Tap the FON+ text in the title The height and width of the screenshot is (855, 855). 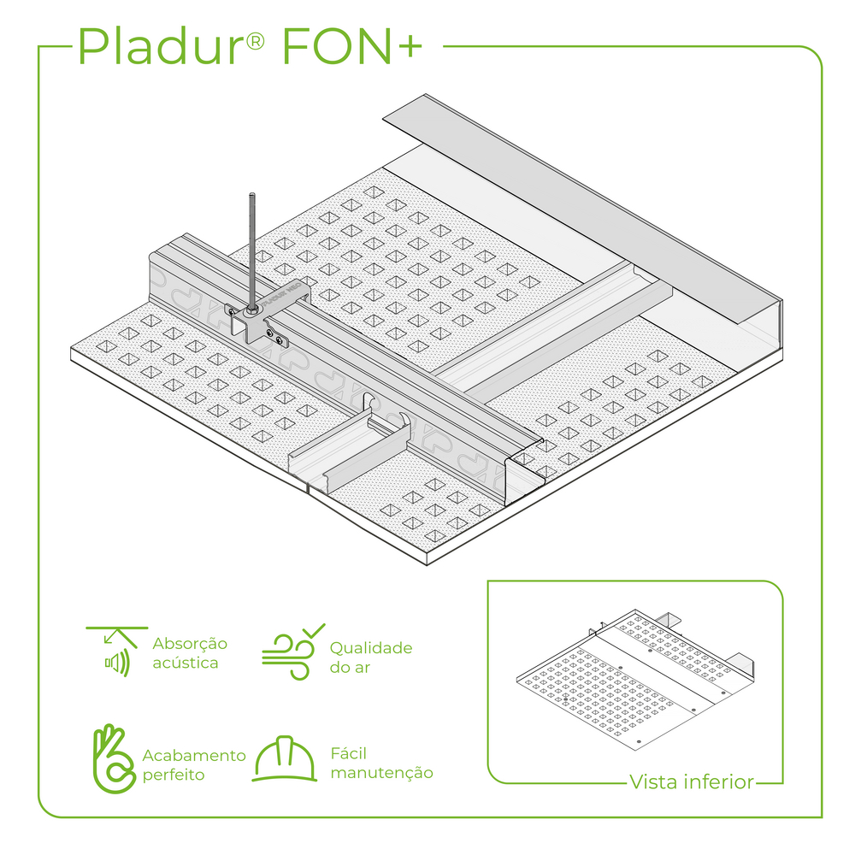pyautogui.click(x=352, y=46)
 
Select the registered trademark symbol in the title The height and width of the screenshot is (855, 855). pyautogui.click(x=255, y=41)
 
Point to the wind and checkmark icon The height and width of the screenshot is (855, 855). pyautogui.click(x=292, y=651)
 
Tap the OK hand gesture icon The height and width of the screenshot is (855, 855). pyautogui.click(x=114, y=758)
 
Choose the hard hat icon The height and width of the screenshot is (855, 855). pyautogui.click(x=285, y=758)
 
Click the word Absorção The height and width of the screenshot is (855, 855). pyautogui.click(x=190, y=644)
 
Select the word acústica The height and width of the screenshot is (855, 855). pyautogui.click(x=186, y=663)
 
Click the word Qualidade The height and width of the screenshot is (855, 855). pyautogui.click(x=371, y=648)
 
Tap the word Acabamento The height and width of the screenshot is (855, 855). pyautogui.click(x=194, y=755)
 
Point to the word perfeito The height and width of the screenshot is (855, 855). pyautogui.click(x=174, y=775)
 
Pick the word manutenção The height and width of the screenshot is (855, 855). pyautogui.click(x=381, y=773)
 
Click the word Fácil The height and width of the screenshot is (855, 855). pyautogui.click(x=349, y=753)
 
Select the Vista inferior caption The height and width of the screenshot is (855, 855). pyautogui.click(x=692, y=782)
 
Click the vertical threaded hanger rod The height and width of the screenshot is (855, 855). pyautogui.click(x=252, y=251)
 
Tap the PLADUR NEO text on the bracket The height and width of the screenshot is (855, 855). pyautogui.click(x=282, y=294)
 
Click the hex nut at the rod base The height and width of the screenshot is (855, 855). pyautogui.click(x=252, y=310)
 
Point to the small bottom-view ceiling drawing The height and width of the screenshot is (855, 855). pyautogui.click(x=635, y=680)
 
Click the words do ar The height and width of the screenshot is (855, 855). pyautogui.click(x=350, y=668)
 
